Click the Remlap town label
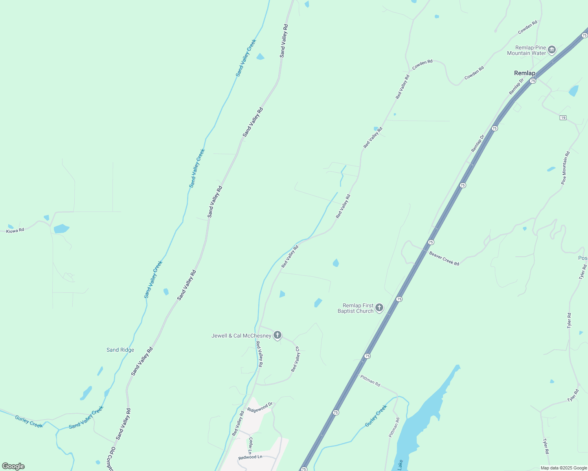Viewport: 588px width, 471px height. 524,73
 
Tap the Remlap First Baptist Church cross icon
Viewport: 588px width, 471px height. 379,308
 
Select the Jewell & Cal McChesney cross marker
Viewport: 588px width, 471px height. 277,335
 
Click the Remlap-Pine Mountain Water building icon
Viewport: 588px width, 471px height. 552,50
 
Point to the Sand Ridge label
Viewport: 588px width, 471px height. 120,350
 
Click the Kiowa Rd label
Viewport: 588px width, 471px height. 15,230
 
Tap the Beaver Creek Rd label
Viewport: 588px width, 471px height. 444,259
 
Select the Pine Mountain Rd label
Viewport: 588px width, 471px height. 565,168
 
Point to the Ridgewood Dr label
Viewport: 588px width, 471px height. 260,407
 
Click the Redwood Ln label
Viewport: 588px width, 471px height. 250,457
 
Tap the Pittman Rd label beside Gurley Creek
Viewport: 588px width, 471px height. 394,428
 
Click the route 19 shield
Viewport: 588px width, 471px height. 563,118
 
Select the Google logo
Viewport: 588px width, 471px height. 13,466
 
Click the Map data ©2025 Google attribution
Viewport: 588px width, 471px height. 564,468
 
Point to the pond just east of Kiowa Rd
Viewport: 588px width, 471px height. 61,228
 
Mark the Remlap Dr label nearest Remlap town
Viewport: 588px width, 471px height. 516,87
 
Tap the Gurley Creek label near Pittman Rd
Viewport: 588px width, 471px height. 376,416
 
